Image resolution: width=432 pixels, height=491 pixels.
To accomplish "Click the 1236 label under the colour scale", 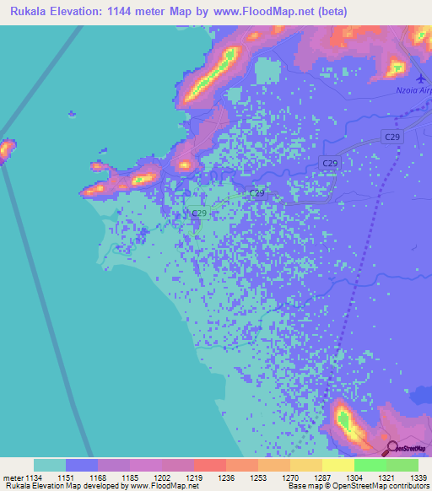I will [x=226, y=476].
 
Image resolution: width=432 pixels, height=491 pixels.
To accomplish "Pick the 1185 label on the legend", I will [x=130, y=476].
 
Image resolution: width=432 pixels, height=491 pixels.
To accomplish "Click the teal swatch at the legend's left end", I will [x=50, y=465].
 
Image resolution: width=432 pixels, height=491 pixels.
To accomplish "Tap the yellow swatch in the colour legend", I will [x=337, y=465].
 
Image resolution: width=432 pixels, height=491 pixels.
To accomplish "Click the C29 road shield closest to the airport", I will [x=391, y=136].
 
